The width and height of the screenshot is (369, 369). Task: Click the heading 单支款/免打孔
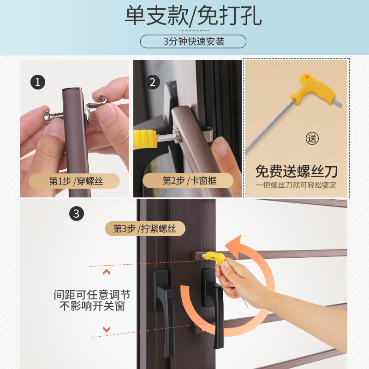(193, 16)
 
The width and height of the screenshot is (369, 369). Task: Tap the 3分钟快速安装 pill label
(193, 42)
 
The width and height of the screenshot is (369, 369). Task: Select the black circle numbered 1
(38, 82)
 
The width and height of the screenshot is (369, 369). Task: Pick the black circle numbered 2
(153, 82)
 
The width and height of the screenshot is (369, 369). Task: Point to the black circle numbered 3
(77, 214)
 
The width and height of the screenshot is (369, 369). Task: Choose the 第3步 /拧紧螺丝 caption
(145, 228)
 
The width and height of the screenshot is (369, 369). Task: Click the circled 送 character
(312, 138)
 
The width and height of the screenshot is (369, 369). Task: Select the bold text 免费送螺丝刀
(296, 171)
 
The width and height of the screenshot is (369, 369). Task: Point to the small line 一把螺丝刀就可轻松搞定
(296, 185)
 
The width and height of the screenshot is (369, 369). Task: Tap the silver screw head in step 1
(47, 117)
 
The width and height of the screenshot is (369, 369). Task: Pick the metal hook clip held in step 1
(95, 106)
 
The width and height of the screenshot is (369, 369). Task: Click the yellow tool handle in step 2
(145, 139)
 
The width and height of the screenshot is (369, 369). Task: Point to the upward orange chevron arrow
(107, 272)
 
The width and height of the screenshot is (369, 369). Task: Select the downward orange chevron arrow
(107, 329)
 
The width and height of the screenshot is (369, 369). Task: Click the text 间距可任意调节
(92, 295)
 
